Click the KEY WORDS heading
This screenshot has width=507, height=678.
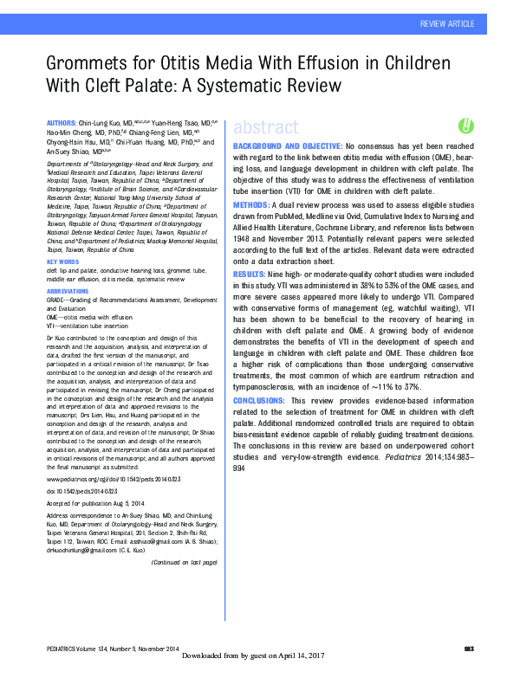[63, 262]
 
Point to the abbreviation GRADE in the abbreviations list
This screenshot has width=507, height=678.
[57, 300]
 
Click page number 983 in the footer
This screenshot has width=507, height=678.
[469, 649]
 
